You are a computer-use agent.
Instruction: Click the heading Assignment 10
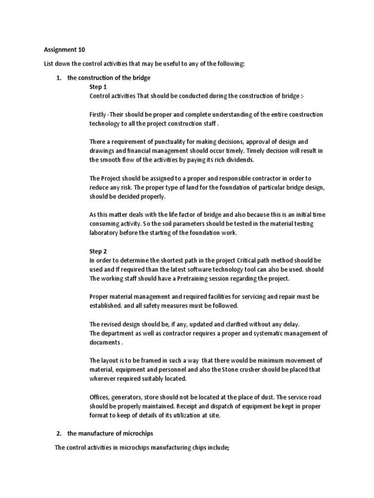61,50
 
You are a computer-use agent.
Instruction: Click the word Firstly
98,114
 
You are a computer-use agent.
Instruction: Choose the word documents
104,342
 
